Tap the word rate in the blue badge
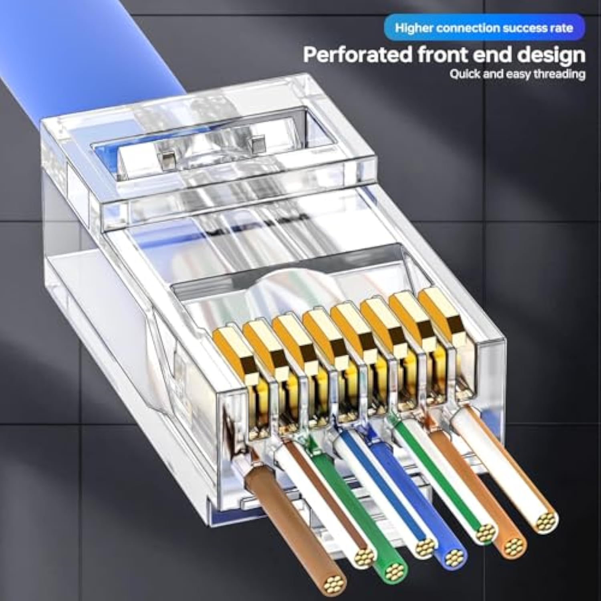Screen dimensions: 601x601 coord(561,28)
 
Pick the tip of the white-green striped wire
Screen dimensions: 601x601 coord(482,532)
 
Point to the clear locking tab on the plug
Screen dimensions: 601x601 coord(200,156)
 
